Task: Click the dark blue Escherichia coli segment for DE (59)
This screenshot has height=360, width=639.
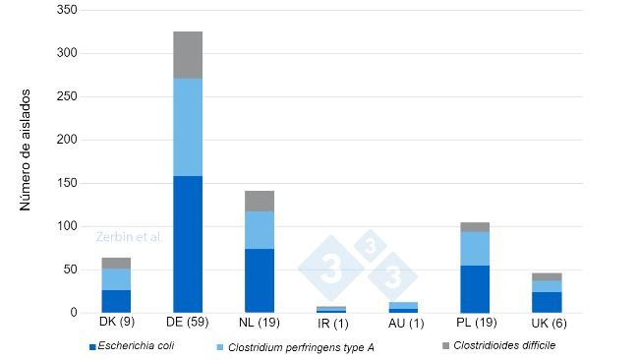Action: click(x=188, y=244)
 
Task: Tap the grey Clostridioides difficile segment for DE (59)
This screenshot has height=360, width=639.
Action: click(x=188, y=55)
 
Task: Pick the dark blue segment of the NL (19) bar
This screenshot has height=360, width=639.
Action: click(x=260, y=280)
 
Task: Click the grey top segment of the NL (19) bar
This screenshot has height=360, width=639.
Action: click(x=260, y=201)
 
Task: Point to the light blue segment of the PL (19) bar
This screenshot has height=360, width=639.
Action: click(x=475, y=248)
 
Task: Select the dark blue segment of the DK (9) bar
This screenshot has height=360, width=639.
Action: click(x=116, y=301)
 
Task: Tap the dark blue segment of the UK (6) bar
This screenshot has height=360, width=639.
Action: click(x=547, y=302)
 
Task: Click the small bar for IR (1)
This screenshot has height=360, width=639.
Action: click(x=331, y=309)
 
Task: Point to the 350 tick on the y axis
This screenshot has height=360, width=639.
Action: click(x=68, y=10)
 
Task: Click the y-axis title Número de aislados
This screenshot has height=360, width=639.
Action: click(x=26, y=157)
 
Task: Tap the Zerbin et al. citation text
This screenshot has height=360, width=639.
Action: click(x=129, y=237)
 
